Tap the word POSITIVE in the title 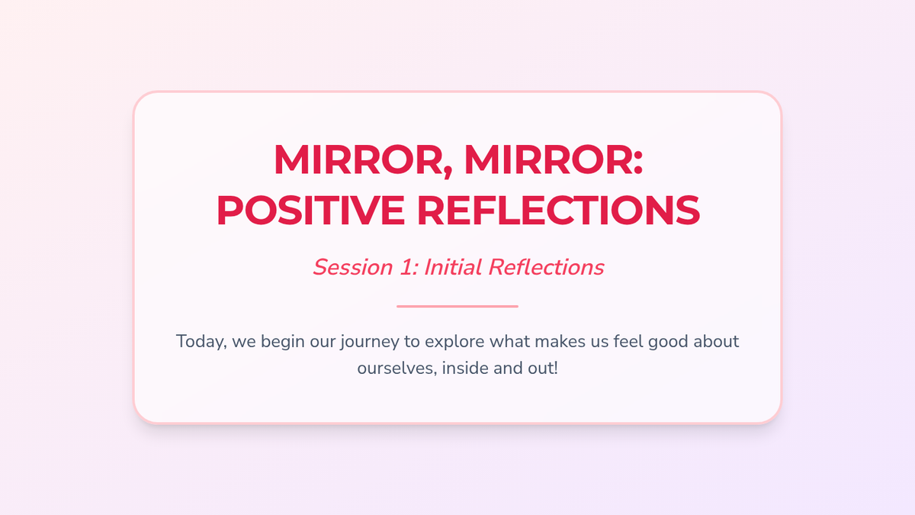point(311,211)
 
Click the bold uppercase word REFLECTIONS point(558,211)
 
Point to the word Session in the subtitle point(353,267)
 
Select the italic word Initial point(453,267)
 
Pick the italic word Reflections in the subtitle point(546,267)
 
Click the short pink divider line point(457,306)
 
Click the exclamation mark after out point(556,369)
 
